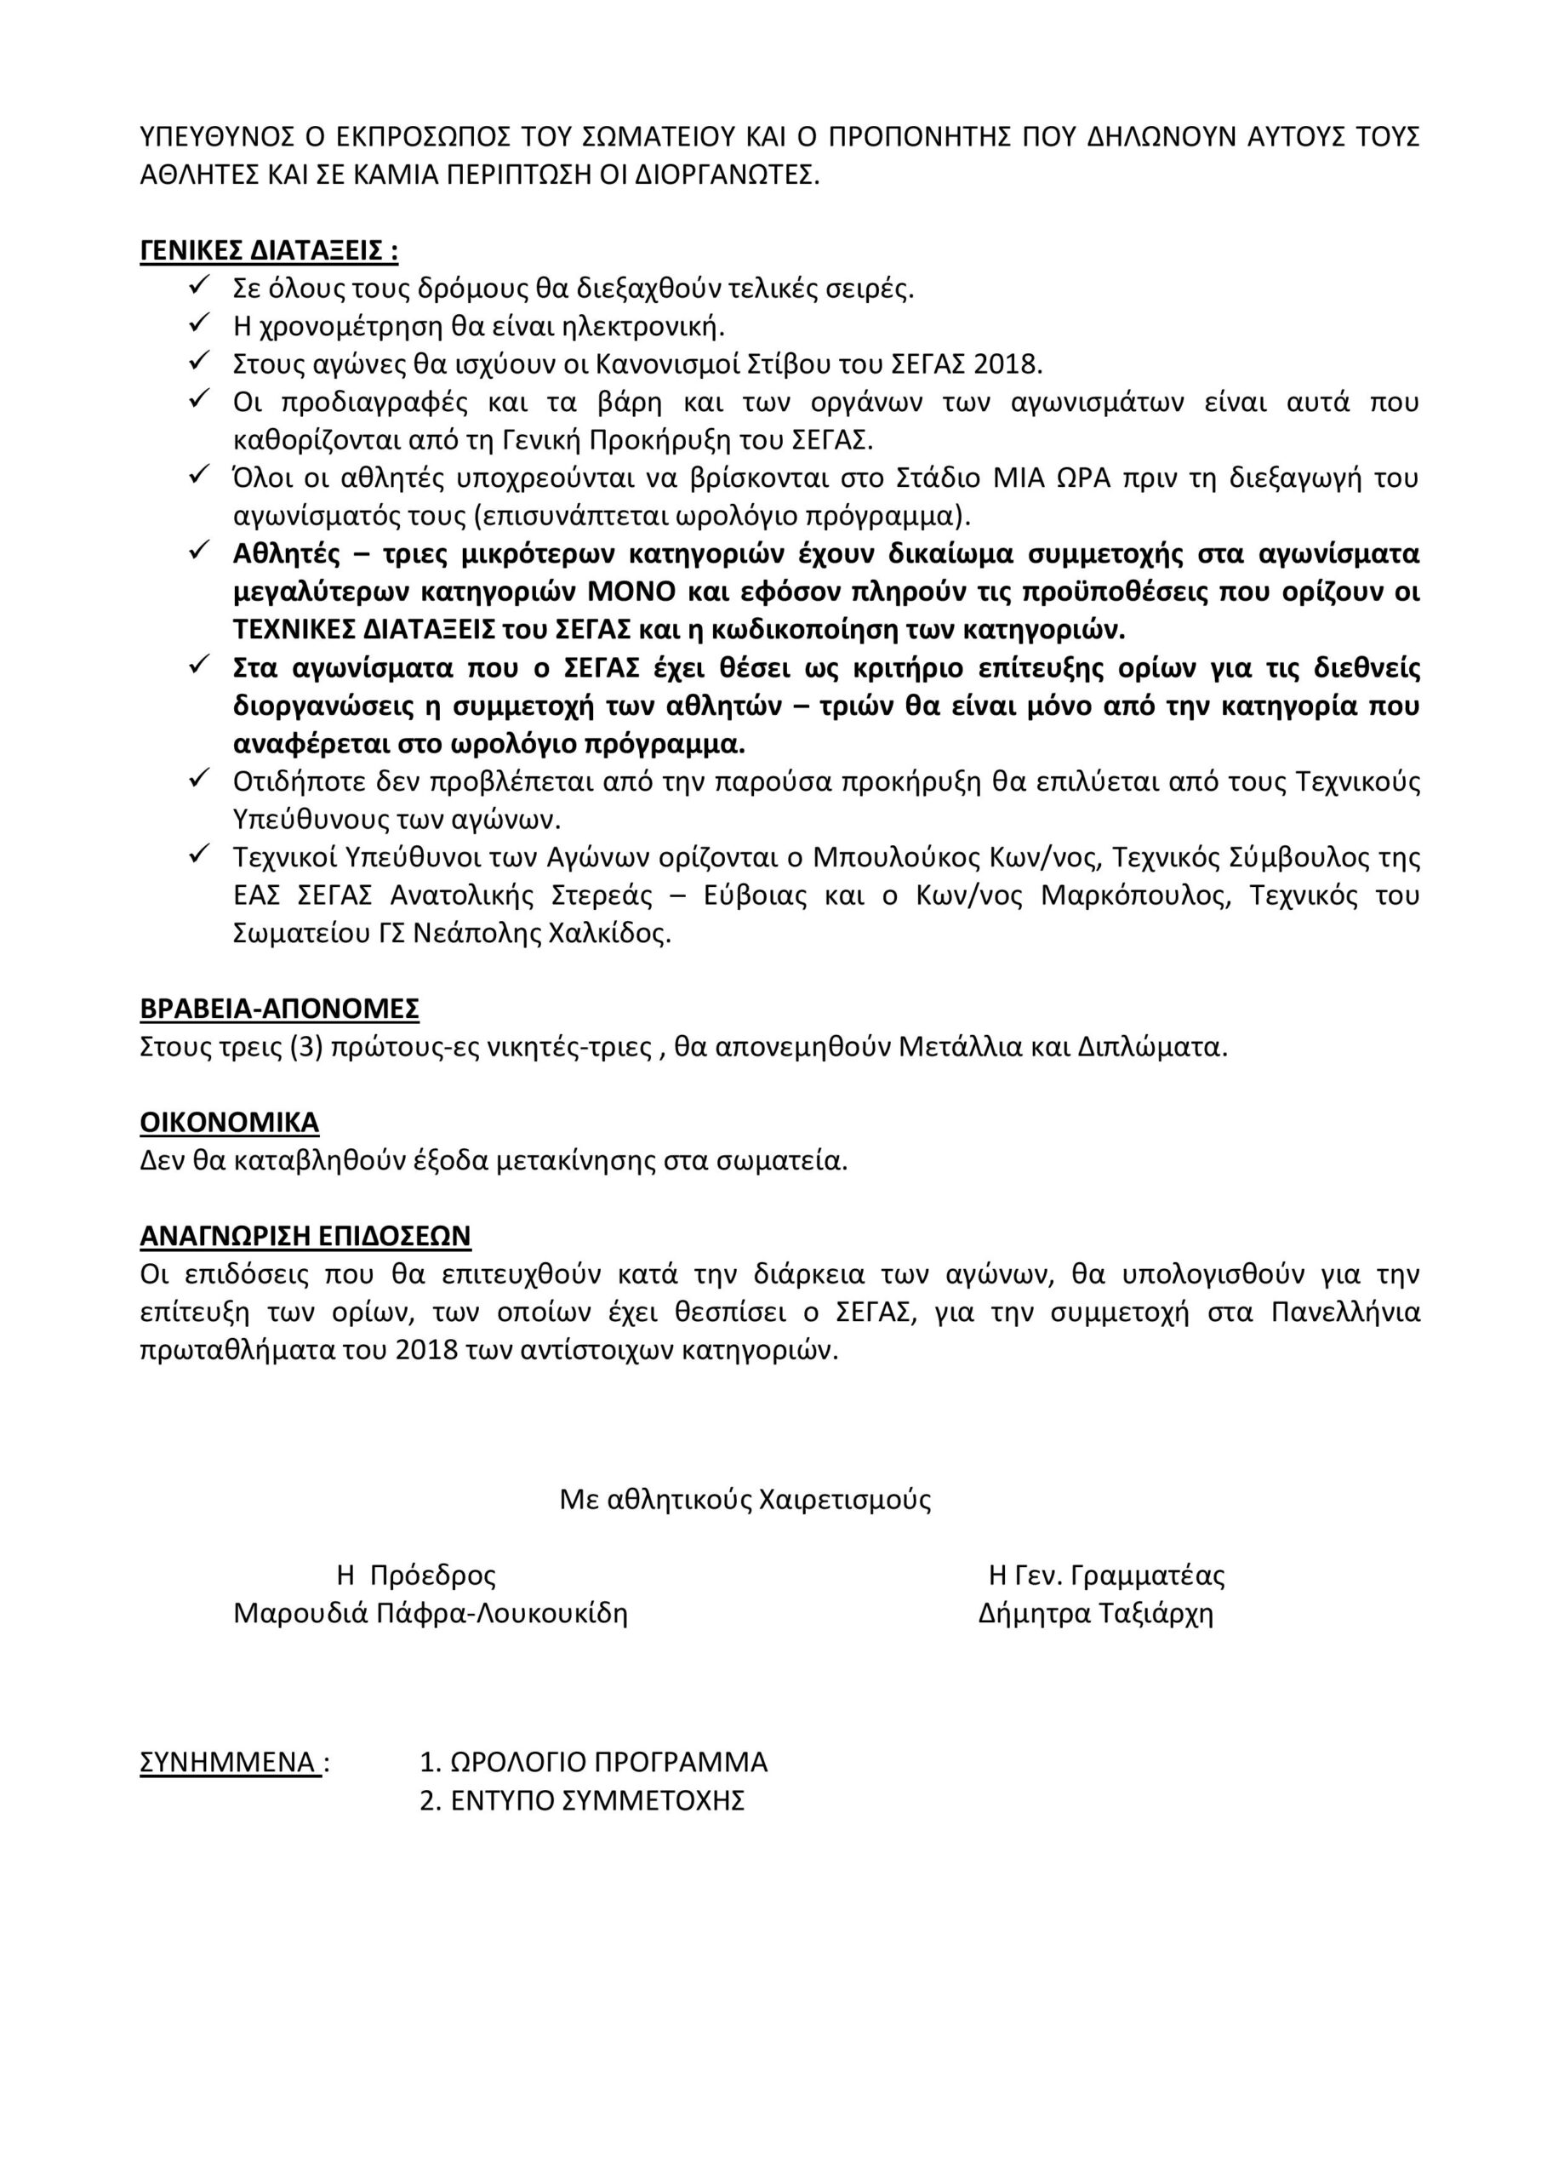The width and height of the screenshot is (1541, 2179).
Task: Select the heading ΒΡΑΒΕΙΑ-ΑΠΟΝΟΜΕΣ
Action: coord(279,1008)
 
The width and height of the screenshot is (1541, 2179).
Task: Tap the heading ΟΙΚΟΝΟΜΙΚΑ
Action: coord(229,1123)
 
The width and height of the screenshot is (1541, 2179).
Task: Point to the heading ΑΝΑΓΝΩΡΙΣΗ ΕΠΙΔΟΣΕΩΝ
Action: coord(305,1236)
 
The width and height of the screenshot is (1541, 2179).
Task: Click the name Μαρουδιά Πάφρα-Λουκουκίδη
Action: coord(431,1613)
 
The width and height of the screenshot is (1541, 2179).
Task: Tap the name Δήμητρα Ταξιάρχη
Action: coord(1096,1613)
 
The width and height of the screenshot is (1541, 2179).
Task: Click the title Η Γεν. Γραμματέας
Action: coord(1106,1576)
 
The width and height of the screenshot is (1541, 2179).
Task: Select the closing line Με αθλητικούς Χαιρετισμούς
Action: coord(745,1500)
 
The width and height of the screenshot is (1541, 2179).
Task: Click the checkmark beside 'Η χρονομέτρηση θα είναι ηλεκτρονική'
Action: coord(199,324)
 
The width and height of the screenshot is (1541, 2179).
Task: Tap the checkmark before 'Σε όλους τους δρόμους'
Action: coord(199,286)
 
